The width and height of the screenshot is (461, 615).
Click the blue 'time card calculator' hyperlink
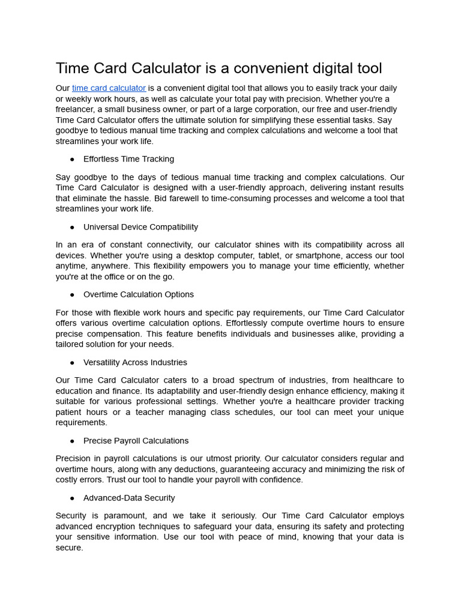click(x=109, y=88)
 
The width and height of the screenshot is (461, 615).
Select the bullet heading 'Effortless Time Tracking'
click(x=128, y=159)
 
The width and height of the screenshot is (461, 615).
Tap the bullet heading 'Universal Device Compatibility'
click(x=140, y=227)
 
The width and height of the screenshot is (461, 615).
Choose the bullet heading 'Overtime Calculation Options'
click(x=138, y=294)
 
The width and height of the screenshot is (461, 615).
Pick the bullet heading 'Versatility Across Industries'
click(x=135, y=362)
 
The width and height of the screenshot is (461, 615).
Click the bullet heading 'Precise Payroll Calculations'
click(x=136, y=441)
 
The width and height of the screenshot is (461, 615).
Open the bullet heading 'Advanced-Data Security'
click(x=129, y=498)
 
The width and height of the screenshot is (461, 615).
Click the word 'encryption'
click(x=118, y=527)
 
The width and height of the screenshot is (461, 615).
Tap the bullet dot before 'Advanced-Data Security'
click(x=72, y=498)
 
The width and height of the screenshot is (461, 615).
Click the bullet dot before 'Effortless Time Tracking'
click(x=72, y=159)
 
